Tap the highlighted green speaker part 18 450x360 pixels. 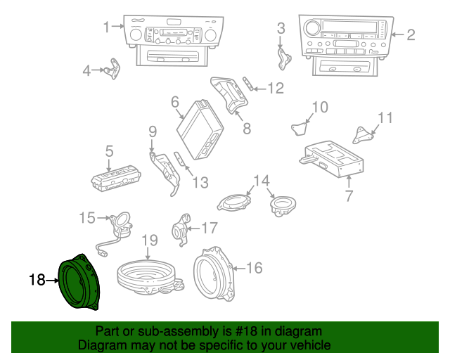coord(82,283)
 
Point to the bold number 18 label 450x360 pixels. coord(37,281)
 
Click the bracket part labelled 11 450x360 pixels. coord(364,134)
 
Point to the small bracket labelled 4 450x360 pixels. coord(110,70)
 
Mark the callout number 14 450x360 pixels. coord(262,181)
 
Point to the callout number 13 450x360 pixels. coord(200,183)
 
